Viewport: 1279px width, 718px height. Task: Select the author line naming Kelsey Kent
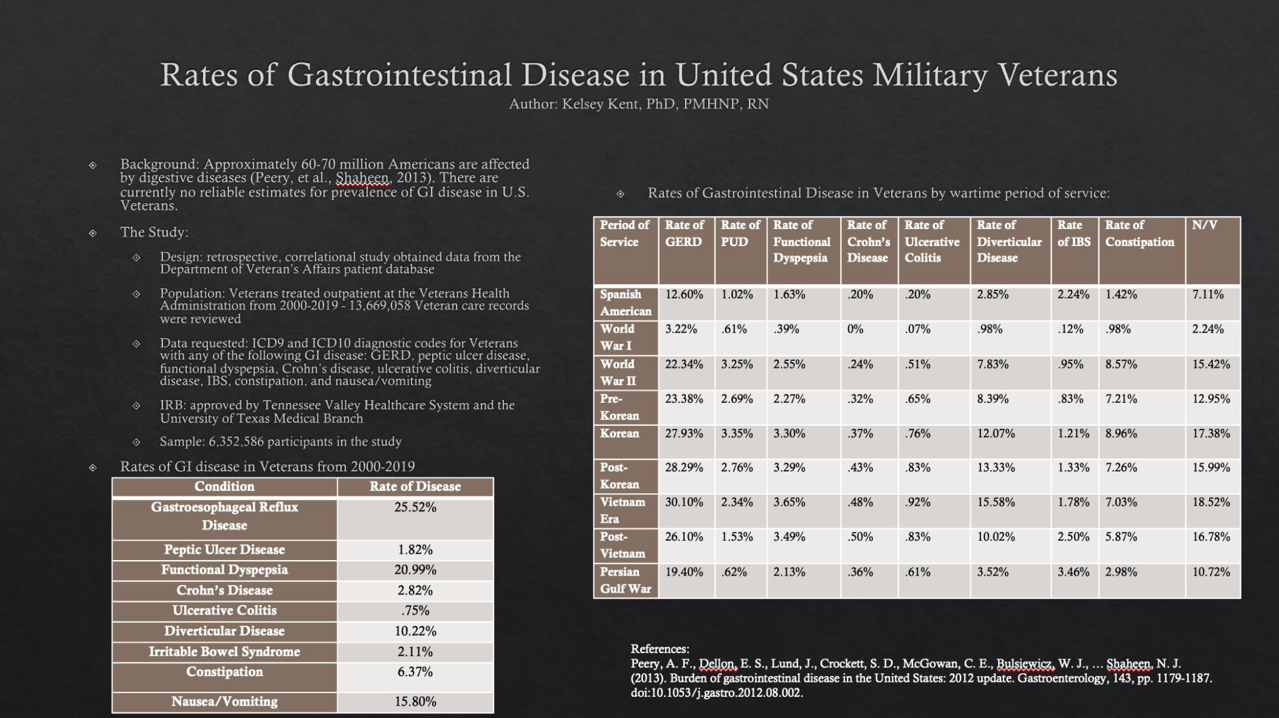(639, 104)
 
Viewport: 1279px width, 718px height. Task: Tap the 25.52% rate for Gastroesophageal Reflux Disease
(415, 508)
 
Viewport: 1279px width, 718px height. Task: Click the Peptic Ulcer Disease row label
(224, 549)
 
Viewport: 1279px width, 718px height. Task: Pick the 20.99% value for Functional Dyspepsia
(415, 569)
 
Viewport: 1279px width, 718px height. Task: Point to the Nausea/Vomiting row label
(224, 701)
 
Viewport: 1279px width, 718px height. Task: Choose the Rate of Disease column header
(415, 486)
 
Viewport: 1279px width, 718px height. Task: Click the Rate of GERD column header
(684, 233)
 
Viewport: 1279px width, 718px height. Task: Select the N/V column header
(1204, 225)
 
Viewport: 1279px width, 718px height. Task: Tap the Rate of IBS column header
(1074, 233)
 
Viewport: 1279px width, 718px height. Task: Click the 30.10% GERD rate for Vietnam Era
(684, 502)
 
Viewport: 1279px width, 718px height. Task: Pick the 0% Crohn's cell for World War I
(855, 329)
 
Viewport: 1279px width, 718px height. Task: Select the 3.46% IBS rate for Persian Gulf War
(1073, 572)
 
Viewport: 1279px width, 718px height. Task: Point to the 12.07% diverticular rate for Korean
(996, 433)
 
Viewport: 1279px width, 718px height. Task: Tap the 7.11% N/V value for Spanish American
(1208, 294)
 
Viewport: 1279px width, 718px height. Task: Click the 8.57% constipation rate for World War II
(1121, 364)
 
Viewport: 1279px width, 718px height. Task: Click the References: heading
(659, 649)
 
